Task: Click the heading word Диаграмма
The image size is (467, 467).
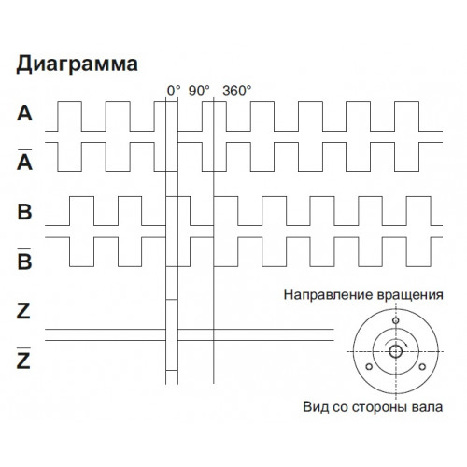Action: coord(77,64)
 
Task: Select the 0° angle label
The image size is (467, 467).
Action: coord(174,91)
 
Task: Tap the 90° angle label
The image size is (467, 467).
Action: coord(199,91)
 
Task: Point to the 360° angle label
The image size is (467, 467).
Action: coord(237,91)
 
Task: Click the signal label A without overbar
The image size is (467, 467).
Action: coord(24,113)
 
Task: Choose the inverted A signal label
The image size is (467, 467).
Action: coord(24,160)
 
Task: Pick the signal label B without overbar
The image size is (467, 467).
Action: coord(24,212)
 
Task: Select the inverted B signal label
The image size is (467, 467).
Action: coord(24,259)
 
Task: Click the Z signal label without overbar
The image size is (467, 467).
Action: coord(23,311)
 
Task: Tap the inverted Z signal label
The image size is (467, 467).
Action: coord(23,358)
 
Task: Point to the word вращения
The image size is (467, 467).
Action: coord(410,295)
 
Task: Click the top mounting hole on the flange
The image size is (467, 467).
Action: coord(396,320)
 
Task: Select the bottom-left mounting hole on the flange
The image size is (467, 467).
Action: coord(369,367)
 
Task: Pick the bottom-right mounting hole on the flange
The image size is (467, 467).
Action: coord(422,367)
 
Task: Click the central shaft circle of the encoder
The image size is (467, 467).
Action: coord(396,352)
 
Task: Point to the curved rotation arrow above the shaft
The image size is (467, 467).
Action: coord(396,339)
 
